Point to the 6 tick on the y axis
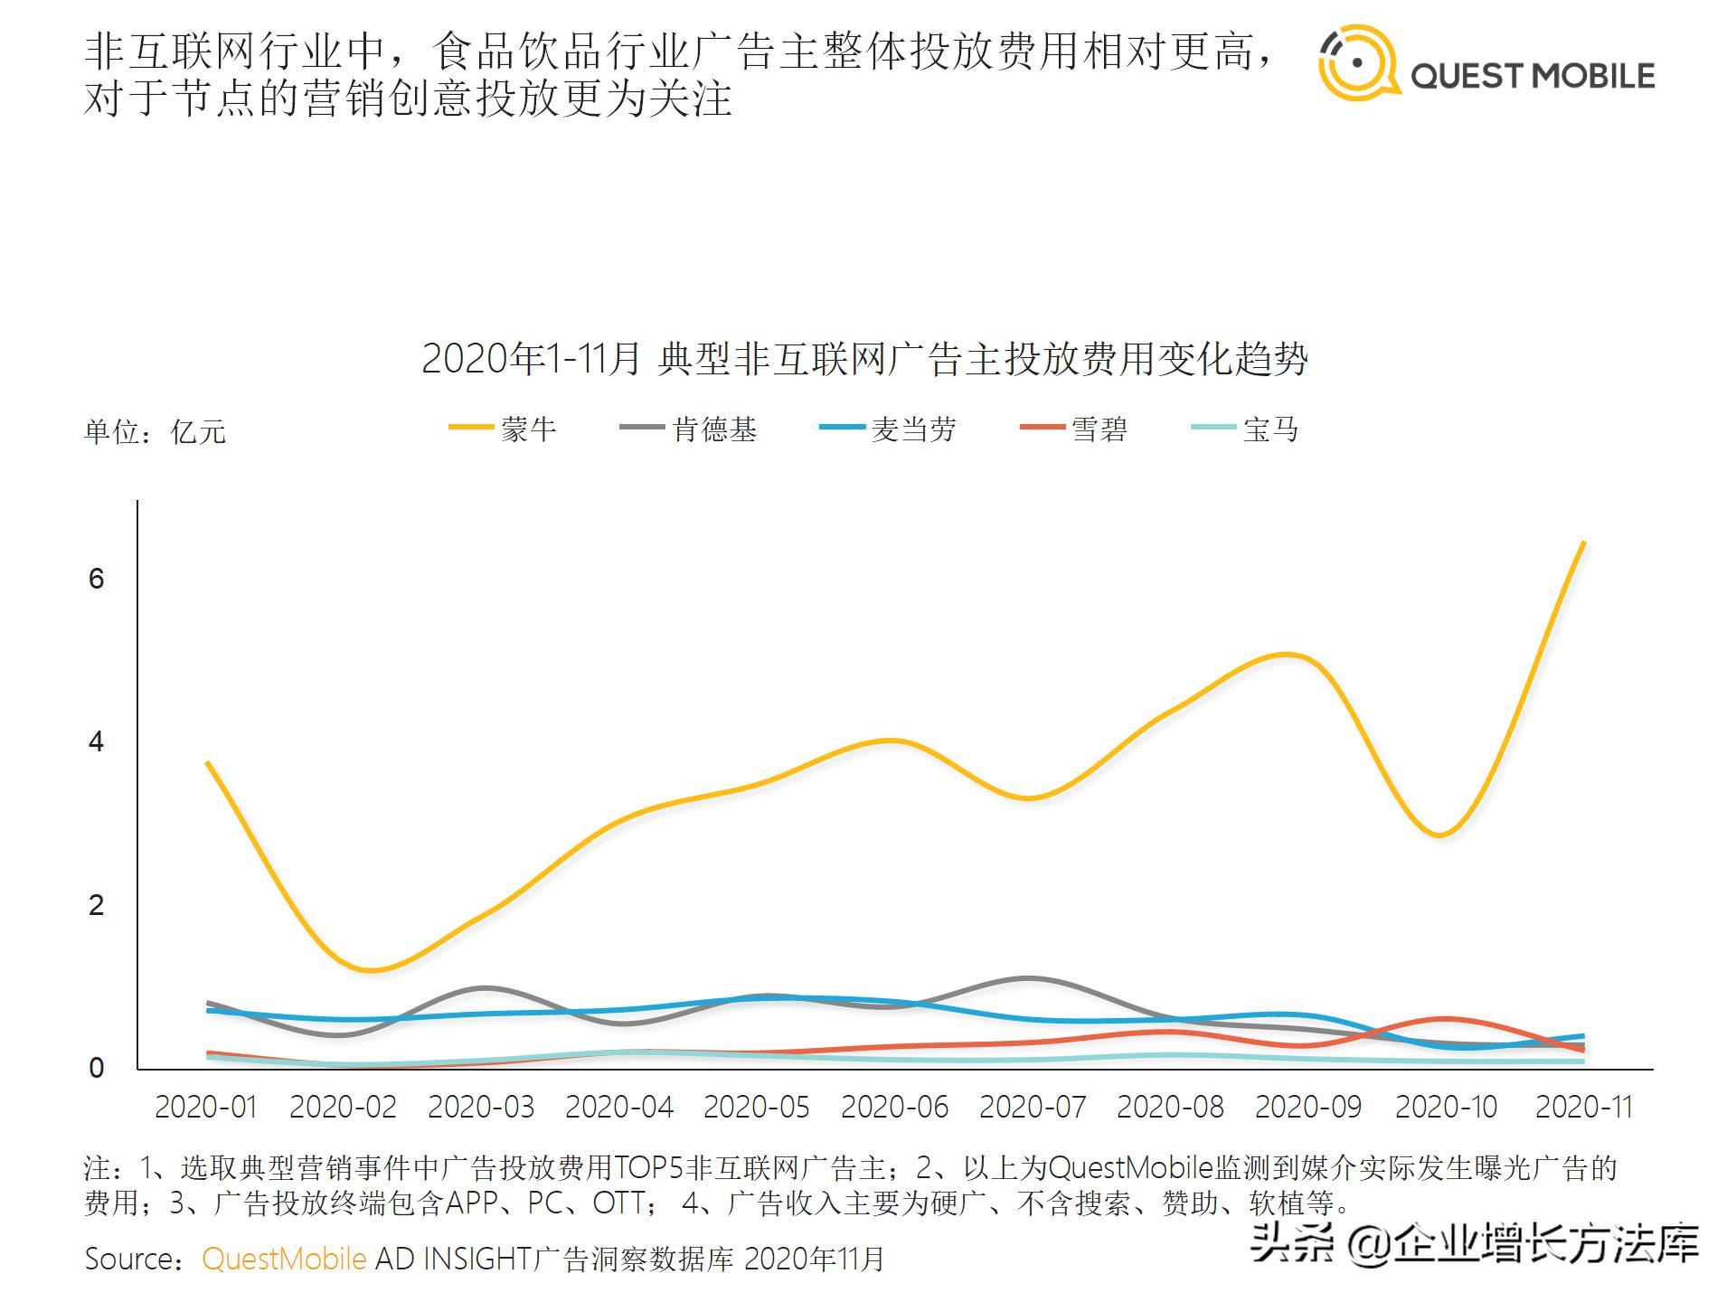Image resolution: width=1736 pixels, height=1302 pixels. [97, 579]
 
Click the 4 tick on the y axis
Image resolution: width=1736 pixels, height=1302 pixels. [97, 742]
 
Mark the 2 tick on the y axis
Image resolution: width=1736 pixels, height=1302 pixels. [97, 905]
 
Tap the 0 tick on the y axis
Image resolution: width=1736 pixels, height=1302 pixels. [97, 1068]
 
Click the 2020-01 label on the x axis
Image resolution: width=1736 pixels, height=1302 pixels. [206, 1107]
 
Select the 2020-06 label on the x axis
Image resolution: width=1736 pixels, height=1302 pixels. [894, 1107]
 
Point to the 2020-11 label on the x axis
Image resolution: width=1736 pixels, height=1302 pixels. [1583, 1107]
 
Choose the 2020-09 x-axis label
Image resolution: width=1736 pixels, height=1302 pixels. [1307, 1107]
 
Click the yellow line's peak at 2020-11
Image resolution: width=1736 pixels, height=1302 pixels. [1583, 543]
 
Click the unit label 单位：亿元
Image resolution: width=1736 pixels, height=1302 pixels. [155, 432]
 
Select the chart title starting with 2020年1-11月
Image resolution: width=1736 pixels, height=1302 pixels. [864, 359]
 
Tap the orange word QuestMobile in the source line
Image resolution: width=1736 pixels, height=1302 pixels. [284, 1259]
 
